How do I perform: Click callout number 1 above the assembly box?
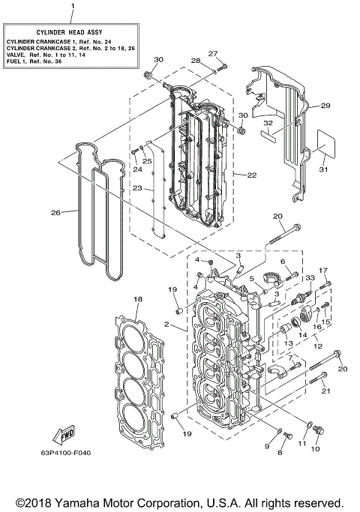[72, 7]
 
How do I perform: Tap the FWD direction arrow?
[61, 436]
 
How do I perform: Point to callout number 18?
[137, 299]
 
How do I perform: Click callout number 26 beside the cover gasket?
[55, 212]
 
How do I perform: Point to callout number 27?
[212, 52]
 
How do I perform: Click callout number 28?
[195, 61]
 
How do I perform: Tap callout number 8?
[282, 454]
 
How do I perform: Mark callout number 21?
[325, 391]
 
